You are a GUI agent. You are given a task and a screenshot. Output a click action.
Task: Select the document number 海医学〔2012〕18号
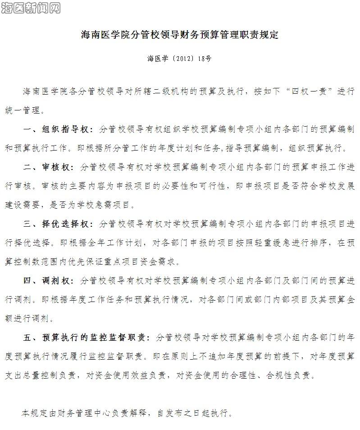179,59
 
